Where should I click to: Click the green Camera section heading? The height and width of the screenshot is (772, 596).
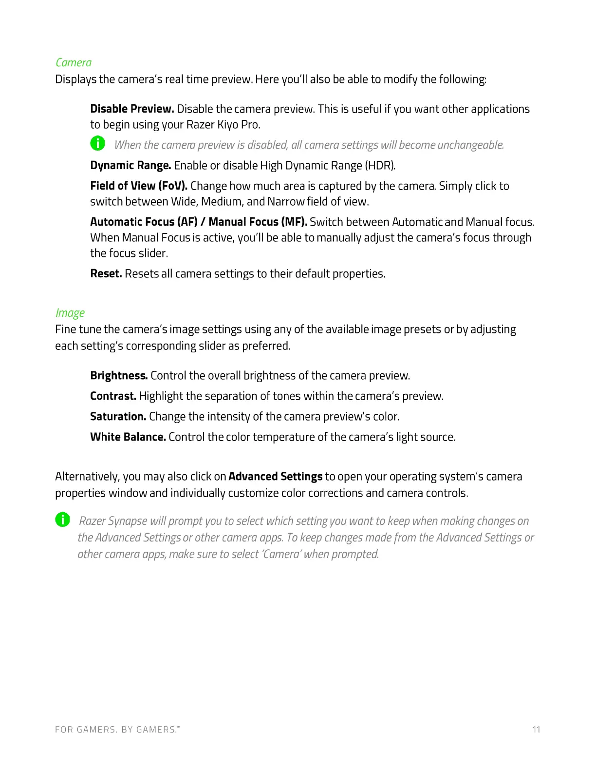(x=74, y=62)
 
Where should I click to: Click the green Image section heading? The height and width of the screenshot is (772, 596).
(x=70, y=313)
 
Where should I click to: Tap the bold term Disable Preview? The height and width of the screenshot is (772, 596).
(x=132, y=109)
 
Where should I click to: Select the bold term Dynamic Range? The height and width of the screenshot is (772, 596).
(x=130, y=165)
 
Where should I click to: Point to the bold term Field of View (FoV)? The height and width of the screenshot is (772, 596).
(x=139, y=186)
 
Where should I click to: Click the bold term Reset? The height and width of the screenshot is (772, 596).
(x=106, y=273)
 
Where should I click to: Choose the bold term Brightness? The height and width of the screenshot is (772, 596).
(x=119, y=375)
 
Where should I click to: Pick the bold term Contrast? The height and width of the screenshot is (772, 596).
(x=113, y=396)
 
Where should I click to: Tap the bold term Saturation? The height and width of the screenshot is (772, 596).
(x=118, y=416)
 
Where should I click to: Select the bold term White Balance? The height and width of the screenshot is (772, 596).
(x=128, y=437)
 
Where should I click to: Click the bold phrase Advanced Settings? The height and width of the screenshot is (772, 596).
(x=276, y=476)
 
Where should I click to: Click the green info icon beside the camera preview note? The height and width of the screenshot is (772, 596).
(x=97, y=143)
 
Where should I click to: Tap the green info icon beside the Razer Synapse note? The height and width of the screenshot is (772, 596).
(x=62, y=520)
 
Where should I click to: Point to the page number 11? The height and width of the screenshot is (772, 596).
(x=536, y=730)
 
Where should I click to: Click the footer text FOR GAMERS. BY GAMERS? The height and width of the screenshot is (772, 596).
(x=117, y=730)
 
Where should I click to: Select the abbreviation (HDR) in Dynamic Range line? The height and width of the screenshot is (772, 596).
(x=380, y=165)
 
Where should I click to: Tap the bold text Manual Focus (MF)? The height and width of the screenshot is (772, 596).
(x=258, y=222)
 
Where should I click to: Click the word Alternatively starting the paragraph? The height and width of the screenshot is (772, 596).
(x=87, y=476)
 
